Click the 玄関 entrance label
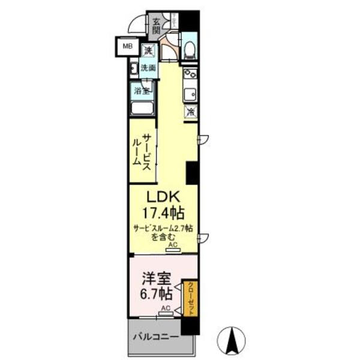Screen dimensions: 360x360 [x=156, y=25]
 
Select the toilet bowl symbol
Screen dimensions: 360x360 [x=190, y=50]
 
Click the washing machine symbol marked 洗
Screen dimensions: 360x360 [x=148, y=50]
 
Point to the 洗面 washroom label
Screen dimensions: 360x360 [x=148, y=68]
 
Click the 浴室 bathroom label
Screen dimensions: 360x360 [x=142, y=92]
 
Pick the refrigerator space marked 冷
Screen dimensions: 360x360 [x=191, y=112]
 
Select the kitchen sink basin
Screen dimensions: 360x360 [x=190, y=94]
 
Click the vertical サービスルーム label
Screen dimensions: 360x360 [x=142, y=149]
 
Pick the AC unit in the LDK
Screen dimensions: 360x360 [x=173, y=245]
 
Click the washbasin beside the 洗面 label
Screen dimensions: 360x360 [x=133, y=68]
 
